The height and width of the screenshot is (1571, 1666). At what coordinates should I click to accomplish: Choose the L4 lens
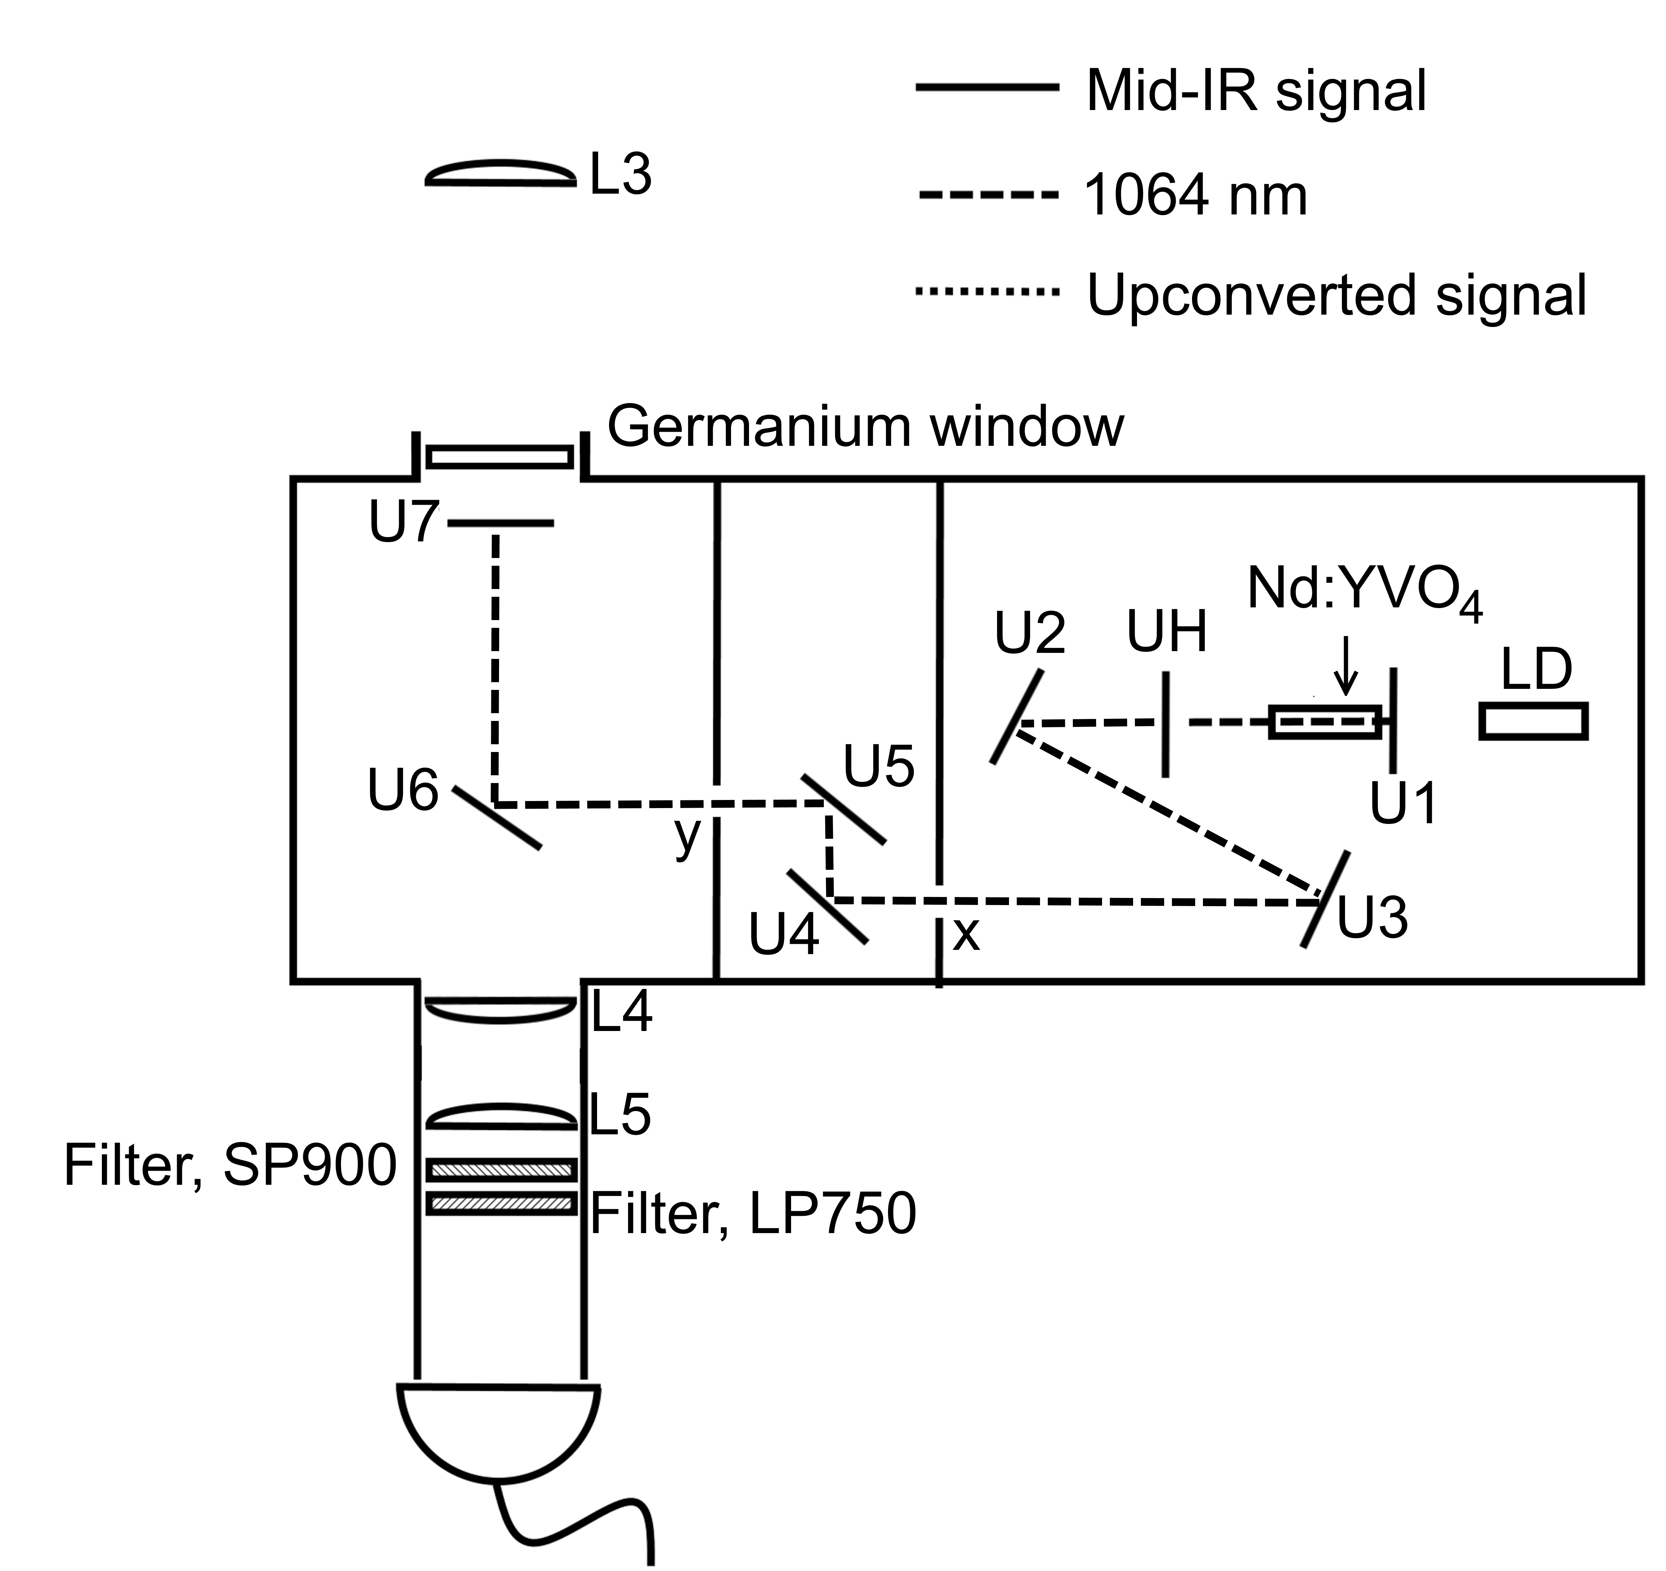click(500, 1010)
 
